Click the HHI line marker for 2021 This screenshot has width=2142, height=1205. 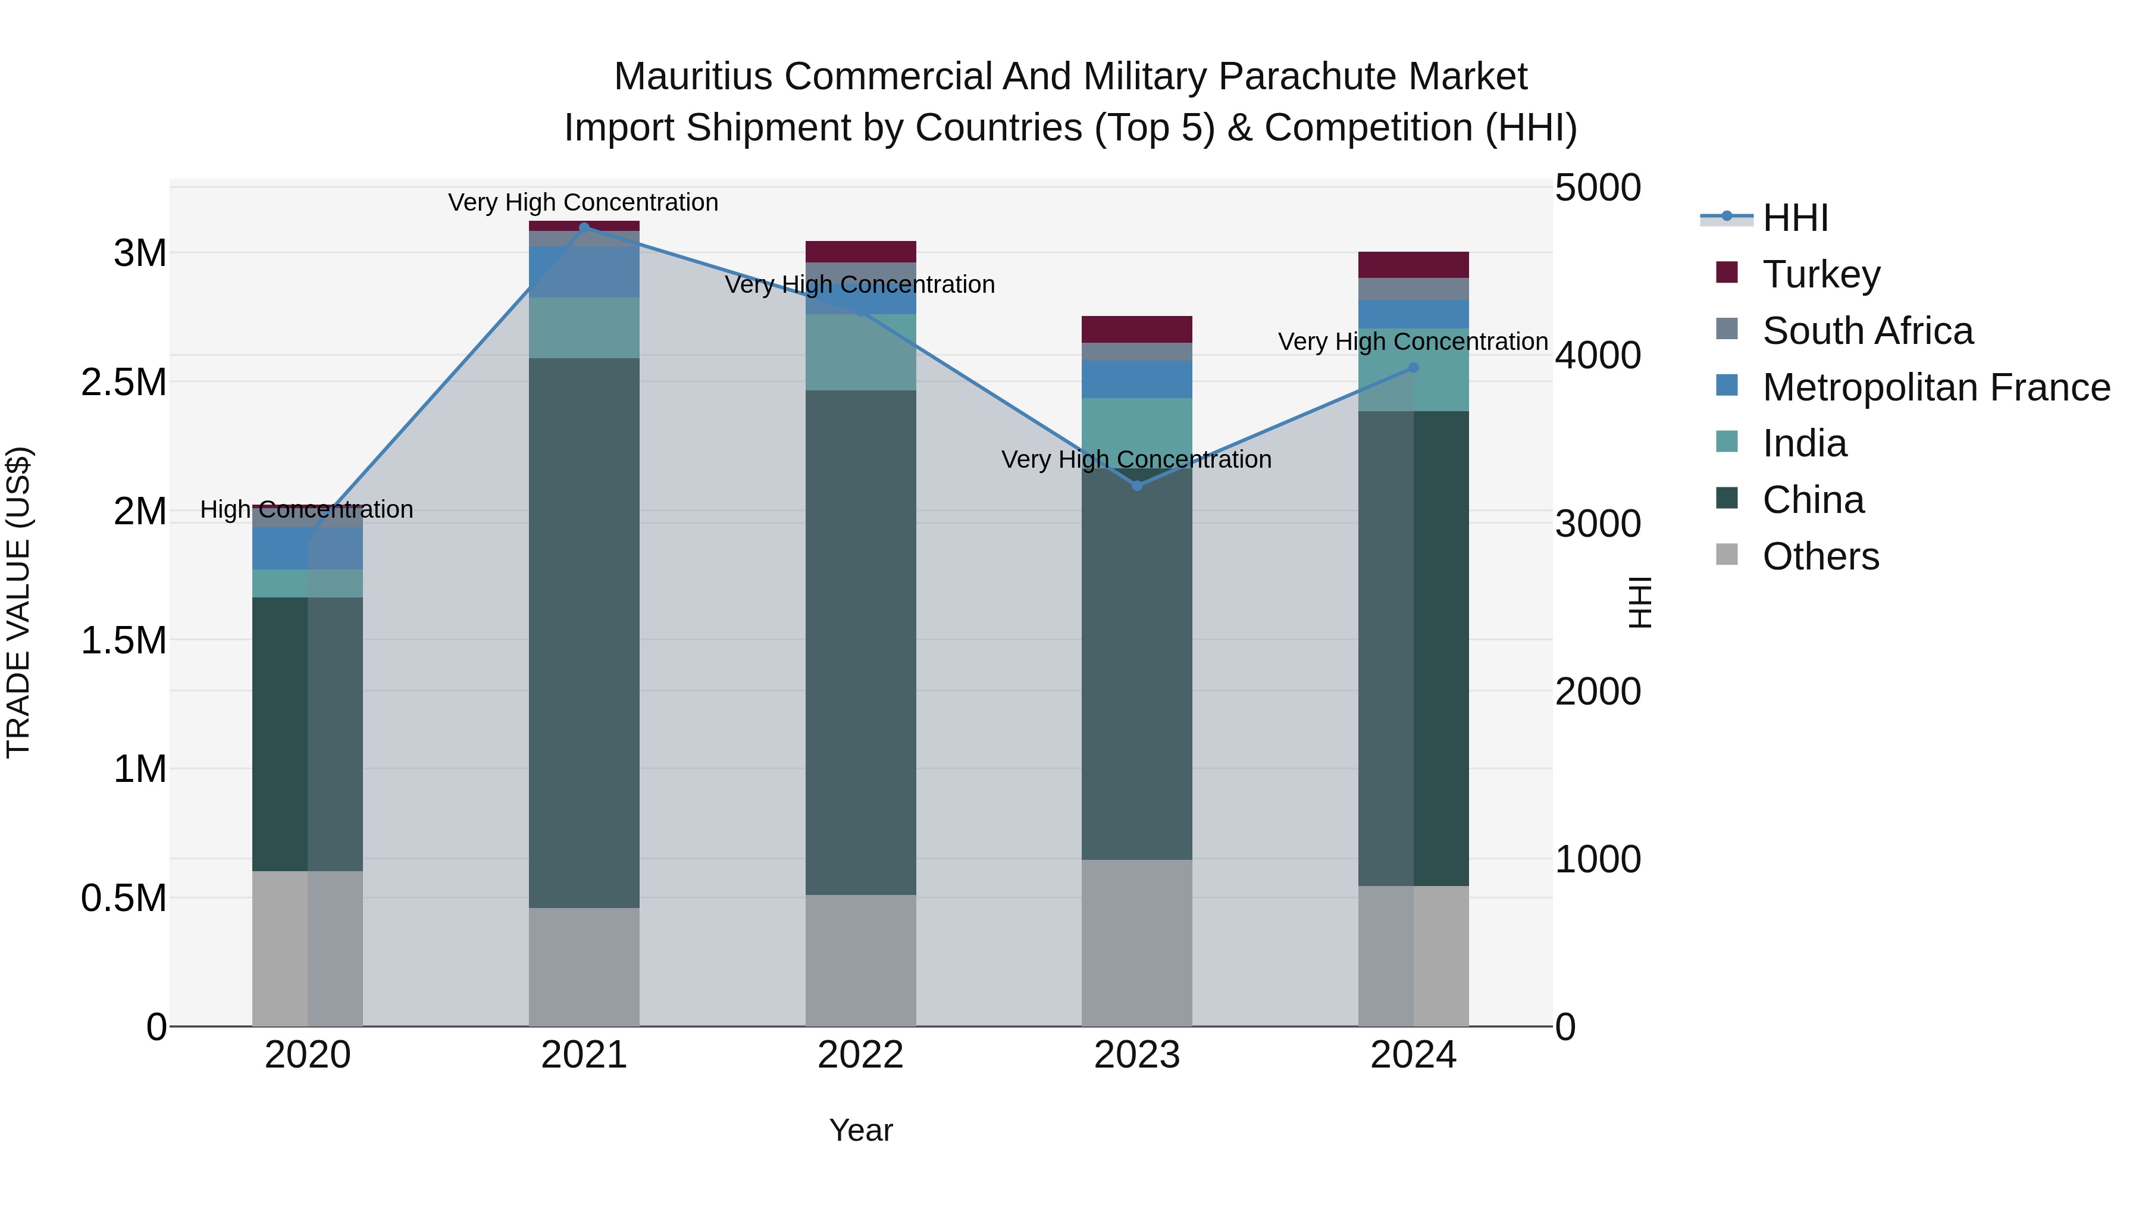click(x=584, y=227)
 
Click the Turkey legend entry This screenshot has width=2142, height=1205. click(x=1821, y=274)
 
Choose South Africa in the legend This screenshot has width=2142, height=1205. click(x=1867, y=331)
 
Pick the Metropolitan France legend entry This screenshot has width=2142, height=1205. click(x=1936, y=387)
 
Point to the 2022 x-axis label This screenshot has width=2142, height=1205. click(x=860, y=1055)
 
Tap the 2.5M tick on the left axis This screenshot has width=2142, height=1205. click(x=124, y=383)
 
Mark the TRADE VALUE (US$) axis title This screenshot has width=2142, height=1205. click(x=18, y=602)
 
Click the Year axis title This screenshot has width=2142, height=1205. click(x=860, y=1130)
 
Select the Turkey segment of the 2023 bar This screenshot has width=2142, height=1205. click(x=1136, y=329)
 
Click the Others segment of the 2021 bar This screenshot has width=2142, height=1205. click(x=584, y=966)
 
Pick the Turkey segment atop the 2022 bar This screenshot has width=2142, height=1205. click(x=860, y=252)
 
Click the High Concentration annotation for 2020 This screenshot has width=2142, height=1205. click(x=307, y=510)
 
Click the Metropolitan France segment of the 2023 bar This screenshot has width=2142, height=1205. click(x=1136, y=379)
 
